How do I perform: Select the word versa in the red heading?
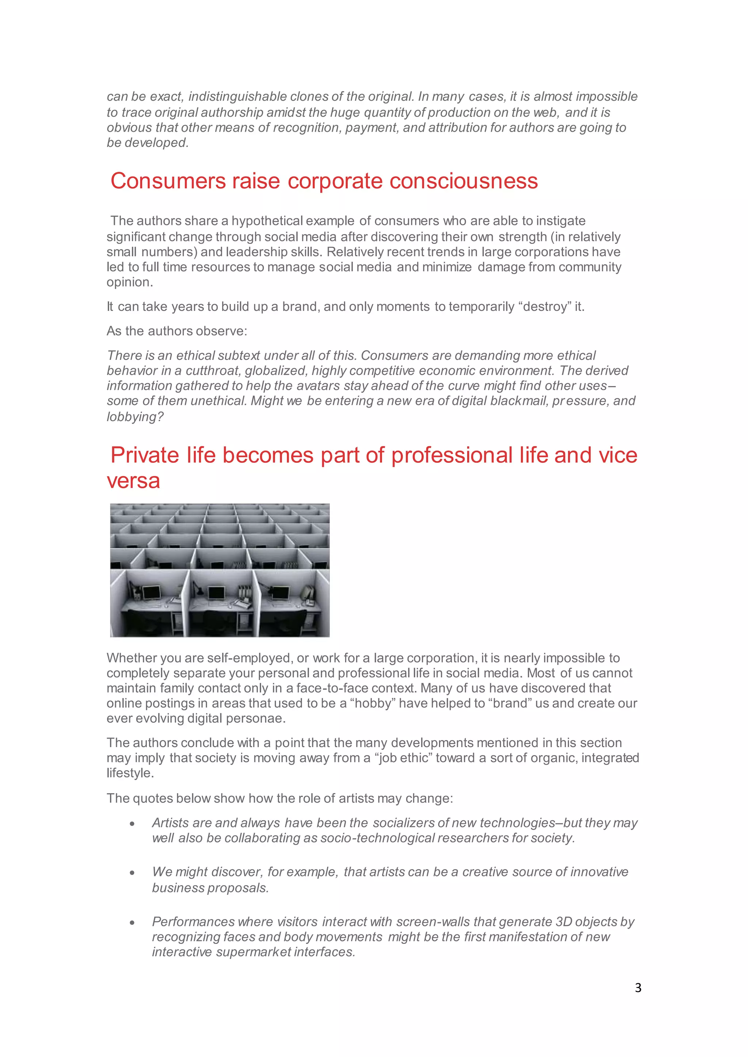point(134,481)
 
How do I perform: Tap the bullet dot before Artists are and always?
point(132,824)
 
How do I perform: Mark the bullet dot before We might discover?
point(132,873)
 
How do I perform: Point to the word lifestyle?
point(129,773)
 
